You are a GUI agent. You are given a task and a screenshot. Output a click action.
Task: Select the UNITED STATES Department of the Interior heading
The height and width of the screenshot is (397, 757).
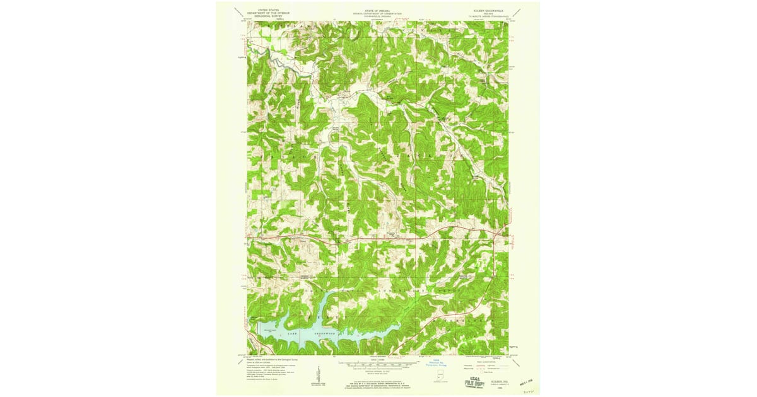tap(264, 11)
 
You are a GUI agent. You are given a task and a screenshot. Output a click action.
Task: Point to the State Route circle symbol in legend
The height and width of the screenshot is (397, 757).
tap(479, 372)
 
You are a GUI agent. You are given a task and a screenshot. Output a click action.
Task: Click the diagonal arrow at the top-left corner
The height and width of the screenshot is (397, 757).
tap(238, 12)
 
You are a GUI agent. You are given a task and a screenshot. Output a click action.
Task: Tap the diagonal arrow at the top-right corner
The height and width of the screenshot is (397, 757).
tap(517, 12)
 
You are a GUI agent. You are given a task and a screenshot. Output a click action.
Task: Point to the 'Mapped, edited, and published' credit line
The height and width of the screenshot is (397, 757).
tap(276, 360)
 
